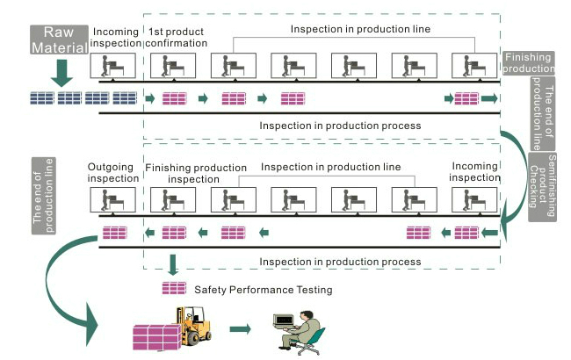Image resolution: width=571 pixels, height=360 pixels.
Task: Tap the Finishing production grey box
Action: (x=527, y=63)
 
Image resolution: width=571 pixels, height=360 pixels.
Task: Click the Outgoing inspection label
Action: (x=113, y=172)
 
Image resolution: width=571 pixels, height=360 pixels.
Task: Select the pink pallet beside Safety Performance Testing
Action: (x=174, y=288)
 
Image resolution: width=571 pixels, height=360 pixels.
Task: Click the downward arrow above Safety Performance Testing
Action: (x=173, y=264)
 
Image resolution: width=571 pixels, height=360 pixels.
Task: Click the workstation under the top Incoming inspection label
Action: (x=113, y=67)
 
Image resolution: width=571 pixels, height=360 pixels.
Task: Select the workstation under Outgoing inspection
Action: (x=113, y=200)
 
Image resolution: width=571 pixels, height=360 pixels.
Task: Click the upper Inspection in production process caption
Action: (x=340, y=126)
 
